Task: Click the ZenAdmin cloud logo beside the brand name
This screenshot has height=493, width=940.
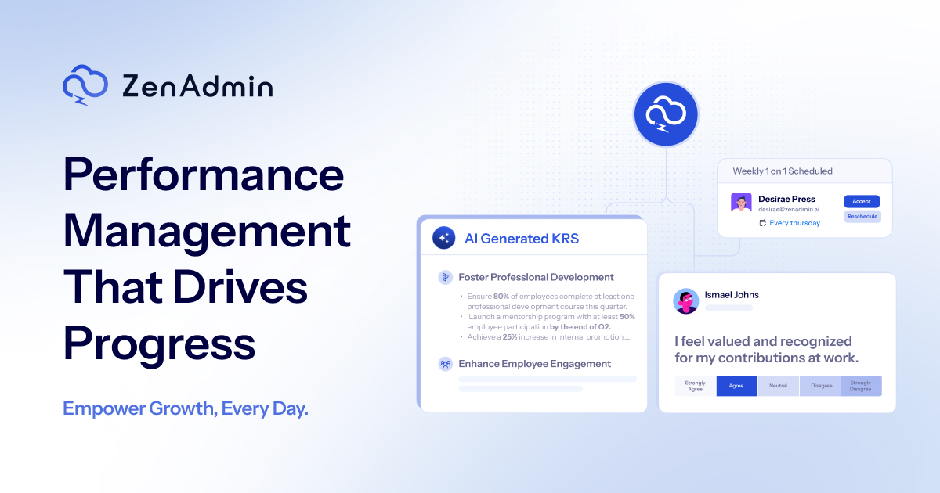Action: (85, 85)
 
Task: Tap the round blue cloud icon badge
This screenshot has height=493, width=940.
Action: (665, 115)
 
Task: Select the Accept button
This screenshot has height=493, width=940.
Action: (862, 201)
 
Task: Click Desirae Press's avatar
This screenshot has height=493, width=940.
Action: (741, 203)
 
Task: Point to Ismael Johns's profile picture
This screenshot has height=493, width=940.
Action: (686, 300)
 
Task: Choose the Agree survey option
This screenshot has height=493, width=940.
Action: (736, 386)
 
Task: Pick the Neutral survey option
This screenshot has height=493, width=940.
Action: (778, 386)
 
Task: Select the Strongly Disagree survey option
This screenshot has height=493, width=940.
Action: (861, 386)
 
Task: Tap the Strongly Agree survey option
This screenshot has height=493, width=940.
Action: (695, 386)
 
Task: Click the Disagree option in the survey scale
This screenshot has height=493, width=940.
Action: (820, 386)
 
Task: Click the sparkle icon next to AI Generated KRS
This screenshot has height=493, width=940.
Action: (444, 238)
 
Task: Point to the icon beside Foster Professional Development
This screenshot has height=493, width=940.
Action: (445, 277)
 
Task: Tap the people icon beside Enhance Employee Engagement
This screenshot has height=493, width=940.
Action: (445, 364)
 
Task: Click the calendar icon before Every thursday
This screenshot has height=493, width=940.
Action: (762, 223)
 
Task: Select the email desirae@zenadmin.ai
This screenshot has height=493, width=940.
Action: (790, 210)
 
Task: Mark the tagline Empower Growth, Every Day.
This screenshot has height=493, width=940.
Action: (186, 408)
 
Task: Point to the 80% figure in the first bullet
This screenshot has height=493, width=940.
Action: (501, 297)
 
